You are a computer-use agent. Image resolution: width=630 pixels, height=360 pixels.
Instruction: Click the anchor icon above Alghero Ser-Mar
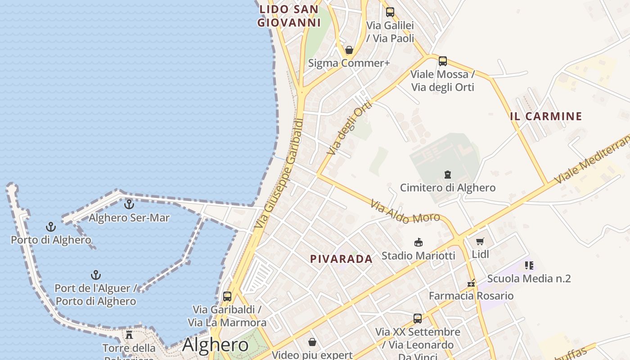129,204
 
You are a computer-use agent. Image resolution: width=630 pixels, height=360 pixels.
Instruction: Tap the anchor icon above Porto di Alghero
51,227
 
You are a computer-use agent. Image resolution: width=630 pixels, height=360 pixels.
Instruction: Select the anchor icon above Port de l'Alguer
95,274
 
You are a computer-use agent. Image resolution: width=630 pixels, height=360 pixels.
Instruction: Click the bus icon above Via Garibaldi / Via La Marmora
227,297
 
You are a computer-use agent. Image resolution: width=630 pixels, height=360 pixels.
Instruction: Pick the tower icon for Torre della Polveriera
129,335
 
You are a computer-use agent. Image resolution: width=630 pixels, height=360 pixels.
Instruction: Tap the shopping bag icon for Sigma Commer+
349,50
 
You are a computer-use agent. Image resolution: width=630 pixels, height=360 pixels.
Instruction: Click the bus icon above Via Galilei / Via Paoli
390,12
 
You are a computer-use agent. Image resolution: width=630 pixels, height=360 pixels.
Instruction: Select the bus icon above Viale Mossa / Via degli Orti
442,61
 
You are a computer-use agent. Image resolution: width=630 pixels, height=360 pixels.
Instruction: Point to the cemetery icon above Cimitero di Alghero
448,174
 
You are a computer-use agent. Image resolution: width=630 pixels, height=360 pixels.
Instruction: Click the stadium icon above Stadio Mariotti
418,243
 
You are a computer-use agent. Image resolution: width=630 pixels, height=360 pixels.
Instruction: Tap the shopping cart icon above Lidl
480,242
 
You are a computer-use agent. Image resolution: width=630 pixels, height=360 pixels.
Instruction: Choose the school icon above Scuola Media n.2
529,265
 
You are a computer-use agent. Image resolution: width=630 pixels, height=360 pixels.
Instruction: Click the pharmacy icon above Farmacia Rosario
471,283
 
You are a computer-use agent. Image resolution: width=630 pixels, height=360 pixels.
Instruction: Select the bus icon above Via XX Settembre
418,319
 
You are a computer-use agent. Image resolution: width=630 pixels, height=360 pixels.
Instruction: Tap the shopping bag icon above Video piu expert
312,342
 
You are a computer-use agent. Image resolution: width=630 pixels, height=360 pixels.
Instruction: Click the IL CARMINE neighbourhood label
546,116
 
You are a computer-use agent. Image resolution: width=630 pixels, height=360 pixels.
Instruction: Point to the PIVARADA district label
341,259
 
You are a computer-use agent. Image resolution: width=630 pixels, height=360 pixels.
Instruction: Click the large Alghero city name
215,345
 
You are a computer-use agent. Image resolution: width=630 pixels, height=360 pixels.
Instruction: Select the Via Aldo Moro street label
405,212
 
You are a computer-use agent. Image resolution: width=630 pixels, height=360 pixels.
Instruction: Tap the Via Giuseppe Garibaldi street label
278,173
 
